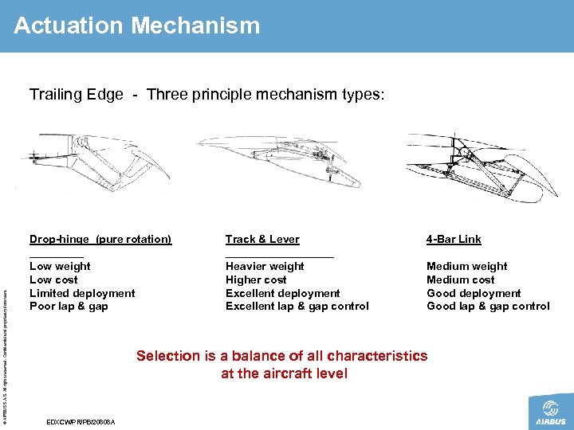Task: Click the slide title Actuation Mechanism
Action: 136,25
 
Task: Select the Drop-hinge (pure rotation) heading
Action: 100,239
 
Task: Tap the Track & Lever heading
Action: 262,239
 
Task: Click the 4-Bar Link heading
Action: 454,239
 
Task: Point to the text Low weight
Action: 60,266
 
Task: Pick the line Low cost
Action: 53,279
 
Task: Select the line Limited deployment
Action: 82,293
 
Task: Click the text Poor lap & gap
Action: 69,307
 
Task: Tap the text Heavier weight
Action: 265,266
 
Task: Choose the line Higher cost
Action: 256,279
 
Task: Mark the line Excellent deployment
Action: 282,293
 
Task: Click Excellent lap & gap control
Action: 297,307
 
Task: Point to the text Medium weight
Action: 466,266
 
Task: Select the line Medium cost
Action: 460,279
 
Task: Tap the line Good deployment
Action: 474,293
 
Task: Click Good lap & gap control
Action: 488,307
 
